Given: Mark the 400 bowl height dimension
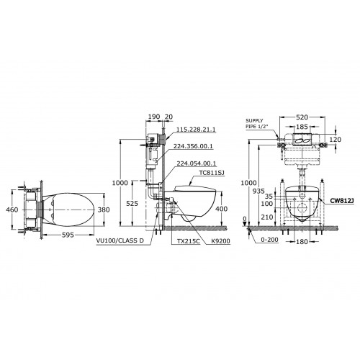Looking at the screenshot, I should [222, 209].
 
